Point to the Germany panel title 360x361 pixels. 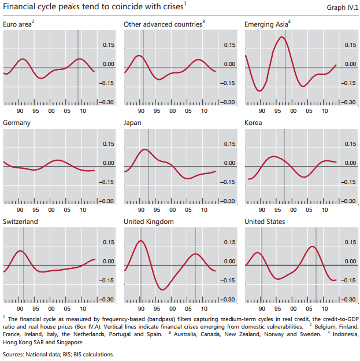coord(17,123)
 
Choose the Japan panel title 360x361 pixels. coord(132,123)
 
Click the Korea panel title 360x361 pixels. coord(254,123)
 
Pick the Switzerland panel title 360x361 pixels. coord(21,222)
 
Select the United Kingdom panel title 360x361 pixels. coord(149,222)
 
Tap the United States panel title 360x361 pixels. coord(265,222)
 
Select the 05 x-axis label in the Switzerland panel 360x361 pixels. coord(67,308)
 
